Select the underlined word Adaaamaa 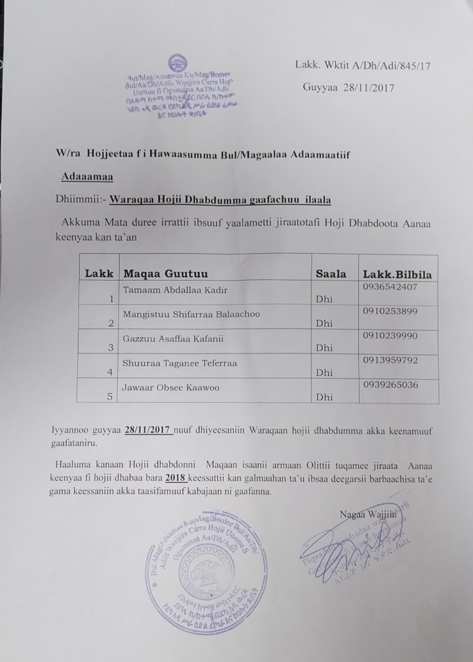click(87, 177)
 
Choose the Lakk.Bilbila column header click(397, 275)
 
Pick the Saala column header click(331, 274)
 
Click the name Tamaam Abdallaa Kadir click(175, 290)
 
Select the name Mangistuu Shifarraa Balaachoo click(191, 314)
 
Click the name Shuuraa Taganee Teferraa click(180, 363)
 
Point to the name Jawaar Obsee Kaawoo click(171, 388)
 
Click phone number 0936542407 click(390, 287)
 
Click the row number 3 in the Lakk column click(111, 348)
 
